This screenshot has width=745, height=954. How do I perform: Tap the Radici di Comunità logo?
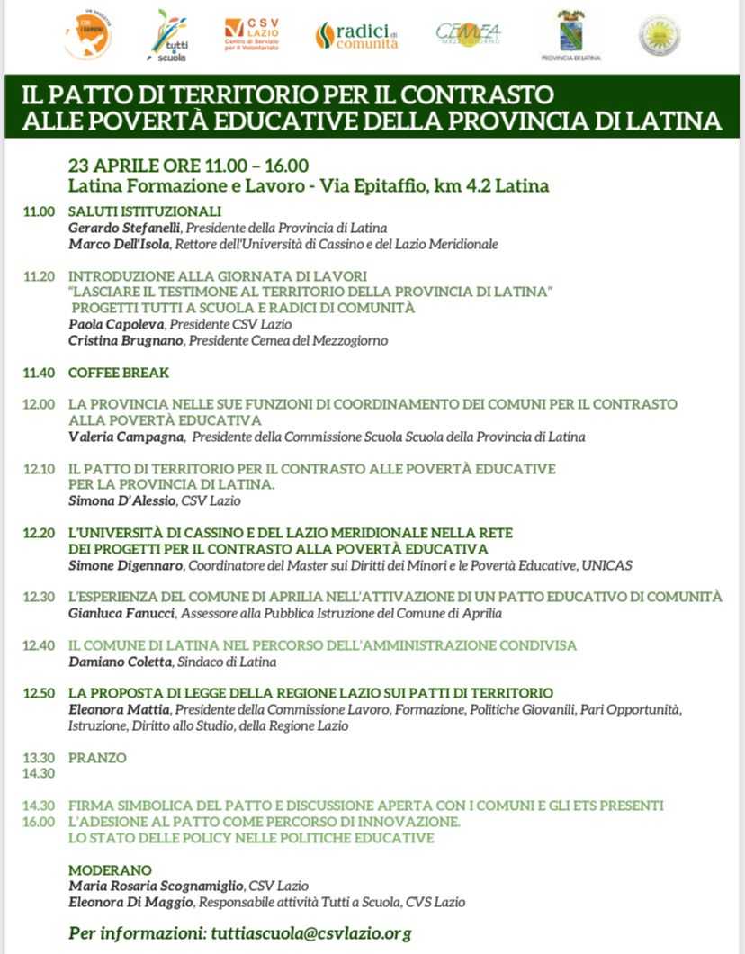(356, 35)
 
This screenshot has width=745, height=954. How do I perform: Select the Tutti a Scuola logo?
(169, 35)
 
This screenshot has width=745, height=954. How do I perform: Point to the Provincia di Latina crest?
(570, 34)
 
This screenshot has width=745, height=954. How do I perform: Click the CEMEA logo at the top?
(468, 34)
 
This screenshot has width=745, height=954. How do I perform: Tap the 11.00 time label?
(39, 211)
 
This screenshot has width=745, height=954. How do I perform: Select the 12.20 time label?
(39, 533)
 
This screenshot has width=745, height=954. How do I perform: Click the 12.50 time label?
(39, 693)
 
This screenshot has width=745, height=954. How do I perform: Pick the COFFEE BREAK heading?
(119, 373)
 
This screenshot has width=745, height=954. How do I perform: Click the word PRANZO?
(97, 758)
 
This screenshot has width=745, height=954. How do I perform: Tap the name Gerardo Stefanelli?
(124, 228)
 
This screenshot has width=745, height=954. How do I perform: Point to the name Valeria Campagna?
(123, 436)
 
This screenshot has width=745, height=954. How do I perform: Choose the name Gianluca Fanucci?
(123, 613)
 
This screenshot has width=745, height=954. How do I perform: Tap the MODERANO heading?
(110, 870)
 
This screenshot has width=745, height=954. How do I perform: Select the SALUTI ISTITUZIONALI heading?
(145, 211)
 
